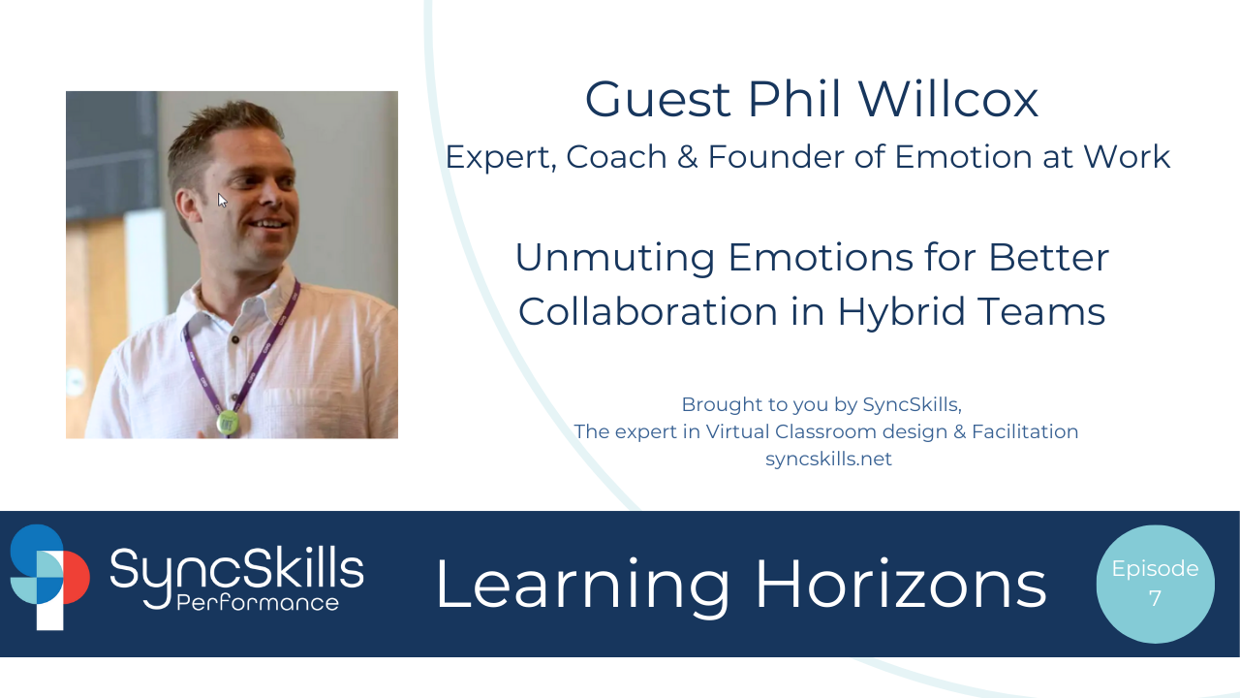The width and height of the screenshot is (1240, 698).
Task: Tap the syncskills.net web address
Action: tap(828, 460)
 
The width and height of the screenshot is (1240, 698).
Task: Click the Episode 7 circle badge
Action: tap(1155, 584)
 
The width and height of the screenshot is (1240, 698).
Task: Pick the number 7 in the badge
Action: tap(1155, 599)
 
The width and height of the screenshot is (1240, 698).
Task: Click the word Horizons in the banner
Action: tap(901, 585)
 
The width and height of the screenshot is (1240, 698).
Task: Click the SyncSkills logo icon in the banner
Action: tap(48, 578)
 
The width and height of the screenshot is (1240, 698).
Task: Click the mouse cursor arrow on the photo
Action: tap(222, 200)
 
